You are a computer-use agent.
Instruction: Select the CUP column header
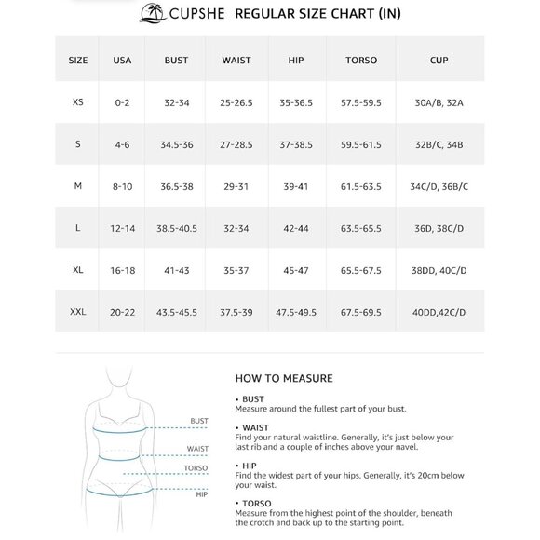tap(439, 61)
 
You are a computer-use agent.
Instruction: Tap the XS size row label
tap(77, 102)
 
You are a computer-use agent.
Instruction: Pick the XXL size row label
tap(77, 312)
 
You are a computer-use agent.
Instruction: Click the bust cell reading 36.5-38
tap(176, 186)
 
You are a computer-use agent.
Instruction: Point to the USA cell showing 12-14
tap(123, 228)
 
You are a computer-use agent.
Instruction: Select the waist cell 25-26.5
tap(236, 102)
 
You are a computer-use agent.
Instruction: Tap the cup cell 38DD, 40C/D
tap(439, 270)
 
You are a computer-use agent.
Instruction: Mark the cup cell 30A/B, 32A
tap(439, 102)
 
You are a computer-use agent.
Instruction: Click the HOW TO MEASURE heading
tap(283, 378)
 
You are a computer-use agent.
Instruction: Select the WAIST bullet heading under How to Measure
tap(255, 427)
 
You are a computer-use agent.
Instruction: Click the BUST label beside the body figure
tap(198, 421)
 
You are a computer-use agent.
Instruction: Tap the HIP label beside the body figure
tap(201, 494)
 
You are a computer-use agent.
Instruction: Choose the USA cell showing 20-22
tap(123, 312)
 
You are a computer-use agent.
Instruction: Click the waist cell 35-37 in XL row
tap(236, 270)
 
